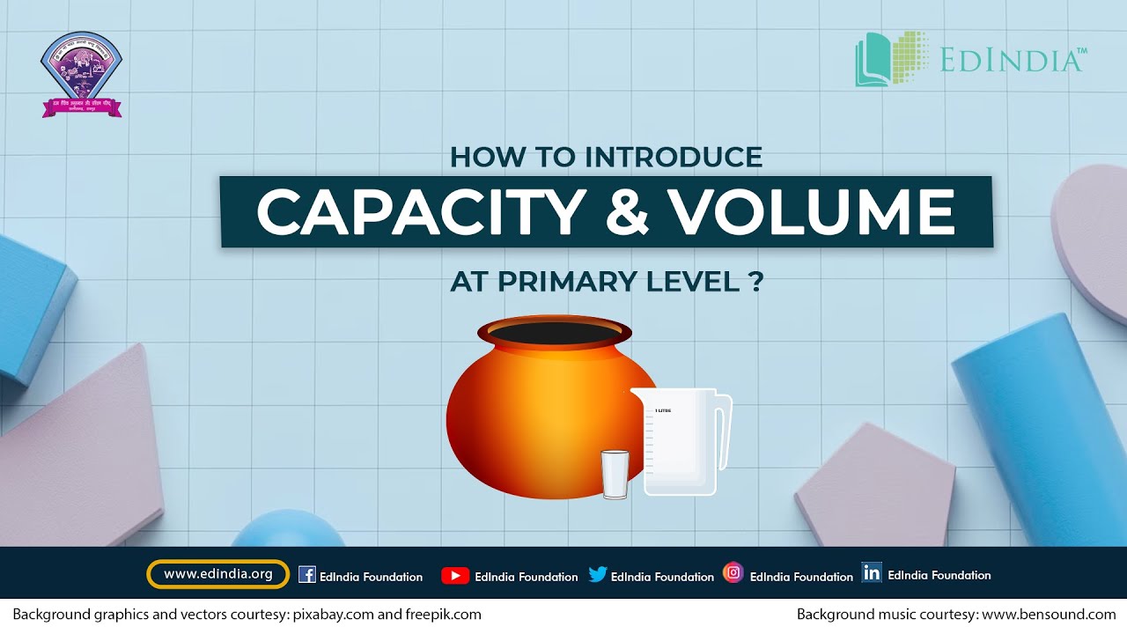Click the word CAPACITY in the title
coord(421,212)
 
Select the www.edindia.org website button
coord(218,574)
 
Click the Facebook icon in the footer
coord(307,575)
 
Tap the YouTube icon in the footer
coord(454,576)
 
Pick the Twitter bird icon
coord(598,575)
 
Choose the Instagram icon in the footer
coord(733,573)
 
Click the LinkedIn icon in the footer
coord(872,573)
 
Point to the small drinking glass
coord(615,474)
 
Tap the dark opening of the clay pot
coord(555,334)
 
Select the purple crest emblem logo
coord(82,74)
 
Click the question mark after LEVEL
coord(756,282)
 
